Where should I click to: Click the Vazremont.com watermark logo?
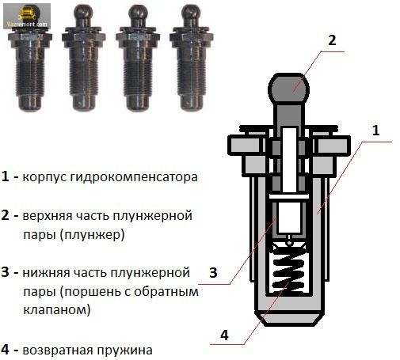click(x=27, y=16)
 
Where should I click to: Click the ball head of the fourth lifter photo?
click(x=191, y=14)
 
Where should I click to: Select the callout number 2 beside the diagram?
click(x=332, y=40)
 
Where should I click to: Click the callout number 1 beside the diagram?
click(x=375, y=131)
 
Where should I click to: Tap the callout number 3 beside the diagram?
click(x=213, y=272)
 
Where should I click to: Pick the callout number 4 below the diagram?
click(x=224, y=335)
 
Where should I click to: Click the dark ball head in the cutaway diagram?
click(x=288, y=88)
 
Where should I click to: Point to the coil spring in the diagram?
click(x=289, y=275)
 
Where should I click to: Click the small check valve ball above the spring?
click(x=290, y=242)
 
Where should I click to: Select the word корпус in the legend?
click(x=44, y=177)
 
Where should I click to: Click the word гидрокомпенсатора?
click(x=134, y=177)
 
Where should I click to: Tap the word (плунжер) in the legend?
click(x=92, y=234)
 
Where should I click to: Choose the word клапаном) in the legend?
click(x=57, y=309)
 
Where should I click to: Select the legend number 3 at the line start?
click(x=5, y=272)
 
